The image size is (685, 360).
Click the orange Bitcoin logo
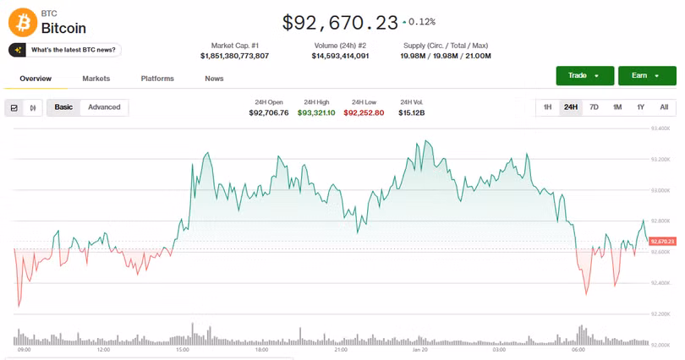pos(22,21)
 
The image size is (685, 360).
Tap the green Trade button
pos(584,76)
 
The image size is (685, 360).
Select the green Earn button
pos(647,76)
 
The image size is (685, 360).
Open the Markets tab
pos(96,79)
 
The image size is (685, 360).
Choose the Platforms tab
pos(157,79)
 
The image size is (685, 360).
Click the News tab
pos(214,79)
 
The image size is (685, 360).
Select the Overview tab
pos(36,79)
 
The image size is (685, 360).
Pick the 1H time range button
pos(547,107)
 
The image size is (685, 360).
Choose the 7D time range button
pos(594,107)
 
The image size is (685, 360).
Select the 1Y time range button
pos(640,107)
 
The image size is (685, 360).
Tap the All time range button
pos(664,107)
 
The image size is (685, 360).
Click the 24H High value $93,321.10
pos(316,112)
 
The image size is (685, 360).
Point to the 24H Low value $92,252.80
pos(364,112)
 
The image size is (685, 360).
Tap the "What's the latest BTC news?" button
pos(65,50)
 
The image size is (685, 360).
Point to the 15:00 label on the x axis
pos(183,349)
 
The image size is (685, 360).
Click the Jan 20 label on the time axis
pos(420,349)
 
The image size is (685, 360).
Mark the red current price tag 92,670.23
pos(662,242)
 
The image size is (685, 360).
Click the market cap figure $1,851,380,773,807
pos(234,56)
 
